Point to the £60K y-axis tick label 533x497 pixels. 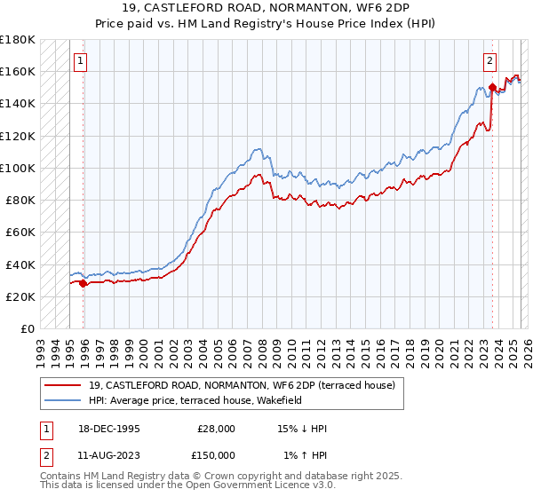(20, 232)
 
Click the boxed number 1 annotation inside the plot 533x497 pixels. (81, 61)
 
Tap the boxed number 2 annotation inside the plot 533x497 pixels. (489, 61)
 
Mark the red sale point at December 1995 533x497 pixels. (84, 284)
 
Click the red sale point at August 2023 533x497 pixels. (491, 87)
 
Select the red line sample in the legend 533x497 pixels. (63, 384)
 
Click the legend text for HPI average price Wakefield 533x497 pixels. (195, 400)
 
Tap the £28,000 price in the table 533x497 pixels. (216, 429)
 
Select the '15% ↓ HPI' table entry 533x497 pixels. (303, 429)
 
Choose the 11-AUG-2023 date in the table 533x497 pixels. (108, 455)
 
